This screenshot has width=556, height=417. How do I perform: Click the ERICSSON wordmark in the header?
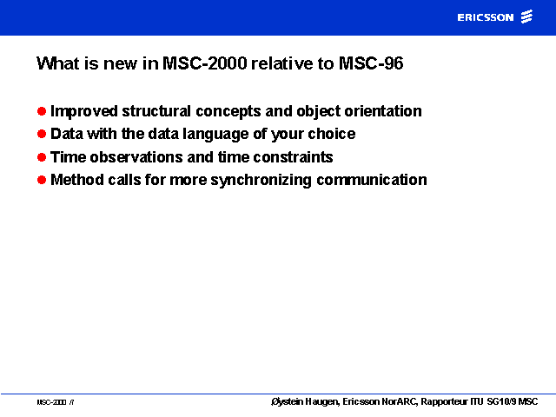tap(486, 17)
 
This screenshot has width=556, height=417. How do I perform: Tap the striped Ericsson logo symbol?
tap(527, 17)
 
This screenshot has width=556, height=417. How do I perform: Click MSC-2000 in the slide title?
tap(205, 63)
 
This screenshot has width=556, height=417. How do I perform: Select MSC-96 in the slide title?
tap(371, 63)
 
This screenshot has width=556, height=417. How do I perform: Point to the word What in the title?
tap(58, 63)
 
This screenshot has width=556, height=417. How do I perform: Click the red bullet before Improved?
tap(42, 111)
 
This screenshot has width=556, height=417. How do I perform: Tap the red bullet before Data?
tap(42, 134)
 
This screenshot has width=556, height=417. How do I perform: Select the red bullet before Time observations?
tap(42, 157)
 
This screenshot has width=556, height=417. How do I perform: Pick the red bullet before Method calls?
tap(42, 180)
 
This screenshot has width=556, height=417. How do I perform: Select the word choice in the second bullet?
tap(332, 134)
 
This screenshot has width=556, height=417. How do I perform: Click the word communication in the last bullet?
tap(372, 180)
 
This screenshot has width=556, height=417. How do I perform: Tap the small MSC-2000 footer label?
tap(51, 402)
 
